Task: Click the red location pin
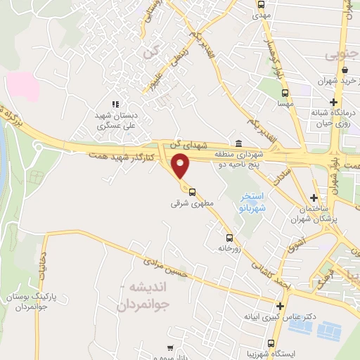182,166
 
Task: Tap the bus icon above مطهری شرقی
192,191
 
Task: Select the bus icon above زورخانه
229,237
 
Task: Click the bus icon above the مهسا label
285,92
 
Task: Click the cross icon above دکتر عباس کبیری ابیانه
281,306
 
